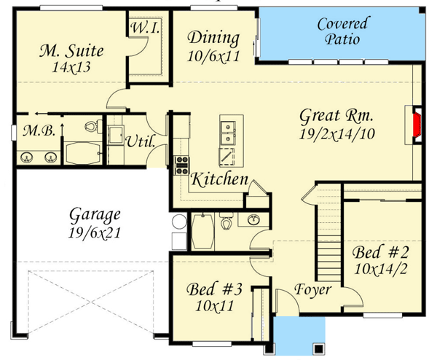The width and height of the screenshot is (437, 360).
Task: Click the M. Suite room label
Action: coord(71,51)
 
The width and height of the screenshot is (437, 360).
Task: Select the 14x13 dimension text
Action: coord(71,69)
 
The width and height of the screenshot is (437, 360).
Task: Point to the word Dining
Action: coord(213,38)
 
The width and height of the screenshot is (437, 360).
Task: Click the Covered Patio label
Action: coord(342,31)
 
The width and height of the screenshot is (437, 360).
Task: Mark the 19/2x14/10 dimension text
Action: coord(337,134)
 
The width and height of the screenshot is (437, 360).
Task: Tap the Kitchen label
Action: coord(219,179)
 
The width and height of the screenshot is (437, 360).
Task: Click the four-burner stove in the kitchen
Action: coord(181,165)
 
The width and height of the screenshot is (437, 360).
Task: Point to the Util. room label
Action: coord(140,142)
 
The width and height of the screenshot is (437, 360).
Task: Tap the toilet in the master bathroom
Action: coord(91,127)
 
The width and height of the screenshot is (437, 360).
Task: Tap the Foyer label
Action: coord(312,289)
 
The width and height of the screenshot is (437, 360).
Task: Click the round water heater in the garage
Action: coord(179,223)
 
